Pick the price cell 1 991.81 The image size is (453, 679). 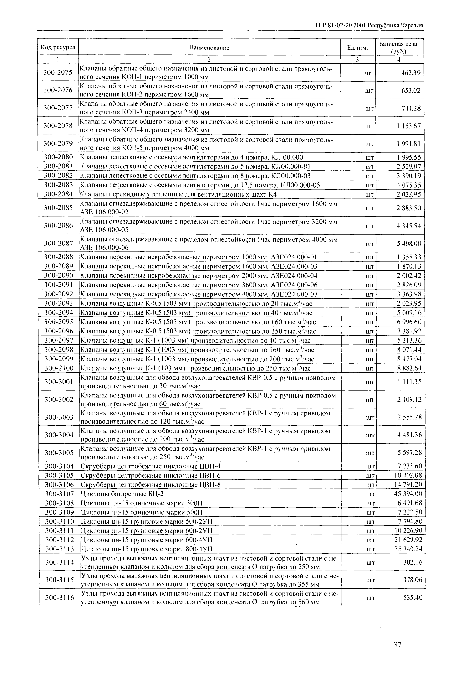408,144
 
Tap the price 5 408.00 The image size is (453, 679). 409,244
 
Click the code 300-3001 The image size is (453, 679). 59,381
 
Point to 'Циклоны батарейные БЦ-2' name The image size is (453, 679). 124,494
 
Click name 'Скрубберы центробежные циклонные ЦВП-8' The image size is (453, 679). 150,485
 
